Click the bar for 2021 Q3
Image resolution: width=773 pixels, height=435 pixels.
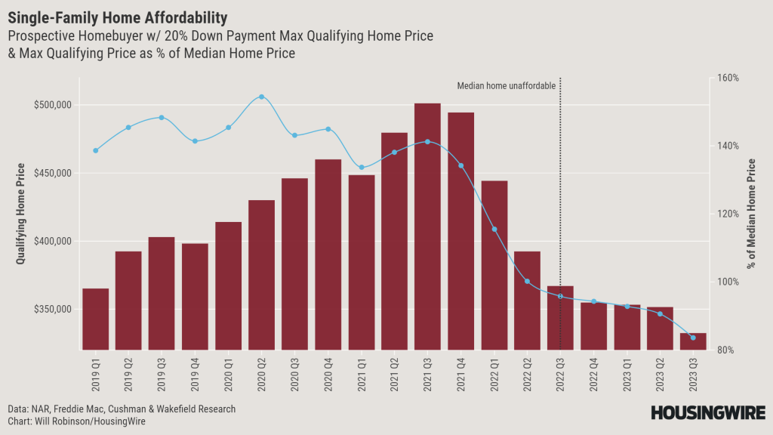427,227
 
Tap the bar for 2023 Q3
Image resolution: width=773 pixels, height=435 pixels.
693,341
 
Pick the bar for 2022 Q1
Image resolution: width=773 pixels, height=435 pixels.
494,265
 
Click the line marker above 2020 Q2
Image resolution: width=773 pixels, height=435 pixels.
261,97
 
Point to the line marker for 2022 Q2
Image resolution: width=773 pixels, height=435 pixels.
527,282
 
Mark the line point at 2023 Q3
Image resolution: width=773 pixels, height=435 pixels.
693,338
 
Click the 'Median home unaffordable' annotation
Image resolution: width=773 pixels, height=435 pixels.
507,86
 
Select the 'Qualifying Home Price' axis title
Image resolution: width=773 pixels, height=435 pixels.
20,214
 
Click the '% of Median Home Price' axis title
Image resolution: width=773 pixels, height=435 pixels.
752,214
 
